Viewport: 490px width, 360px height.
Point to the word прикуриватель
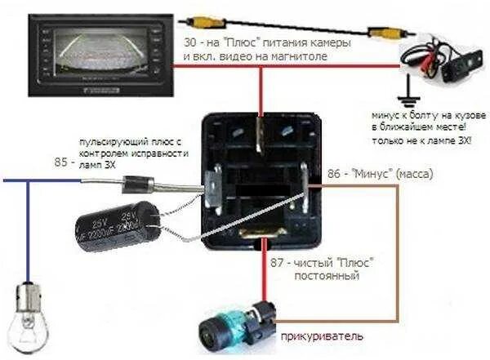pyautogui.click(x=318, y=336)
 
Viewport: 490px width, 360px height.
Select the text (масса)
pyautogui.click(x=411, y=175)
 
